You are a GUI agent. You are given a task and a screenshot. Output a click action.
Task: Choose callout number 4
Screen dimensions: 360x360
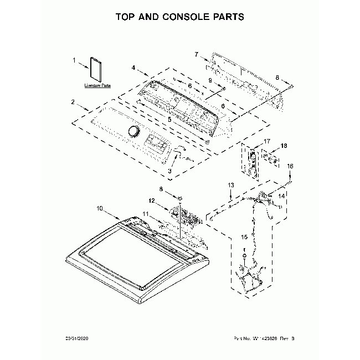(x=134, y=68)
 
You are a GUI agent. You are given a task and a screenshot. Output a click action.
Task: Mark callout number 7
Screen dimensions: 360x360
(x=196, y=54)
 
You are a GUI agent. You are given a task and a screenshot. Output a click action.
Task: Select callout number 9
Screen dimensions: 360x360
(x=210, y=81)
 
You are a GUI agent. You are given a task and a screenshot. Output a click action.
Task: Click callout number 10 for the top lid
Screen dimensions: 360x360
(x=100, y=209)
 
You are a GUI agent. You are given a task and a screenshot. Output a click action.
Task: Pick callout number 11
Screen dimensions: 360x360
(x=146, y=213)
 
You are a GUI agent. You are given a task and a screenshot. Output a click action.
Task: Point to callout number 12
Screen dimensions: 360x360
(x=151, y=200)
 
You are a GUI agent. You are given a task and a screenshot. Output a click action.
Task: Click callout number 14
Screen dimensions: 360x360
(x=281, y=196)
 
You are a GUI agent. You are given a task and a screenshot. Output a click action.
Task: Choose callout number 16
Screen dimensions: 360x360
(x=290, y=166)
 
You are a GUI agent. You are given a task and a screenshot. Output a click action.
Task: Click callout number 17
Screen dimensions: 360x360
(x=251, y=141)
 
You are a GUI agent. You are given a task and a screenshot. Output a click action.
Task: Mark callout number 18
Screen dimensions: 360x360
(x=284, y=146)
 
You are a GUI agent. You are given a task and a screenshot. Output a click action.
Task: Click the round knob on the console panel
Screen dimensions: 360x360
(x=133, y=130)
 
